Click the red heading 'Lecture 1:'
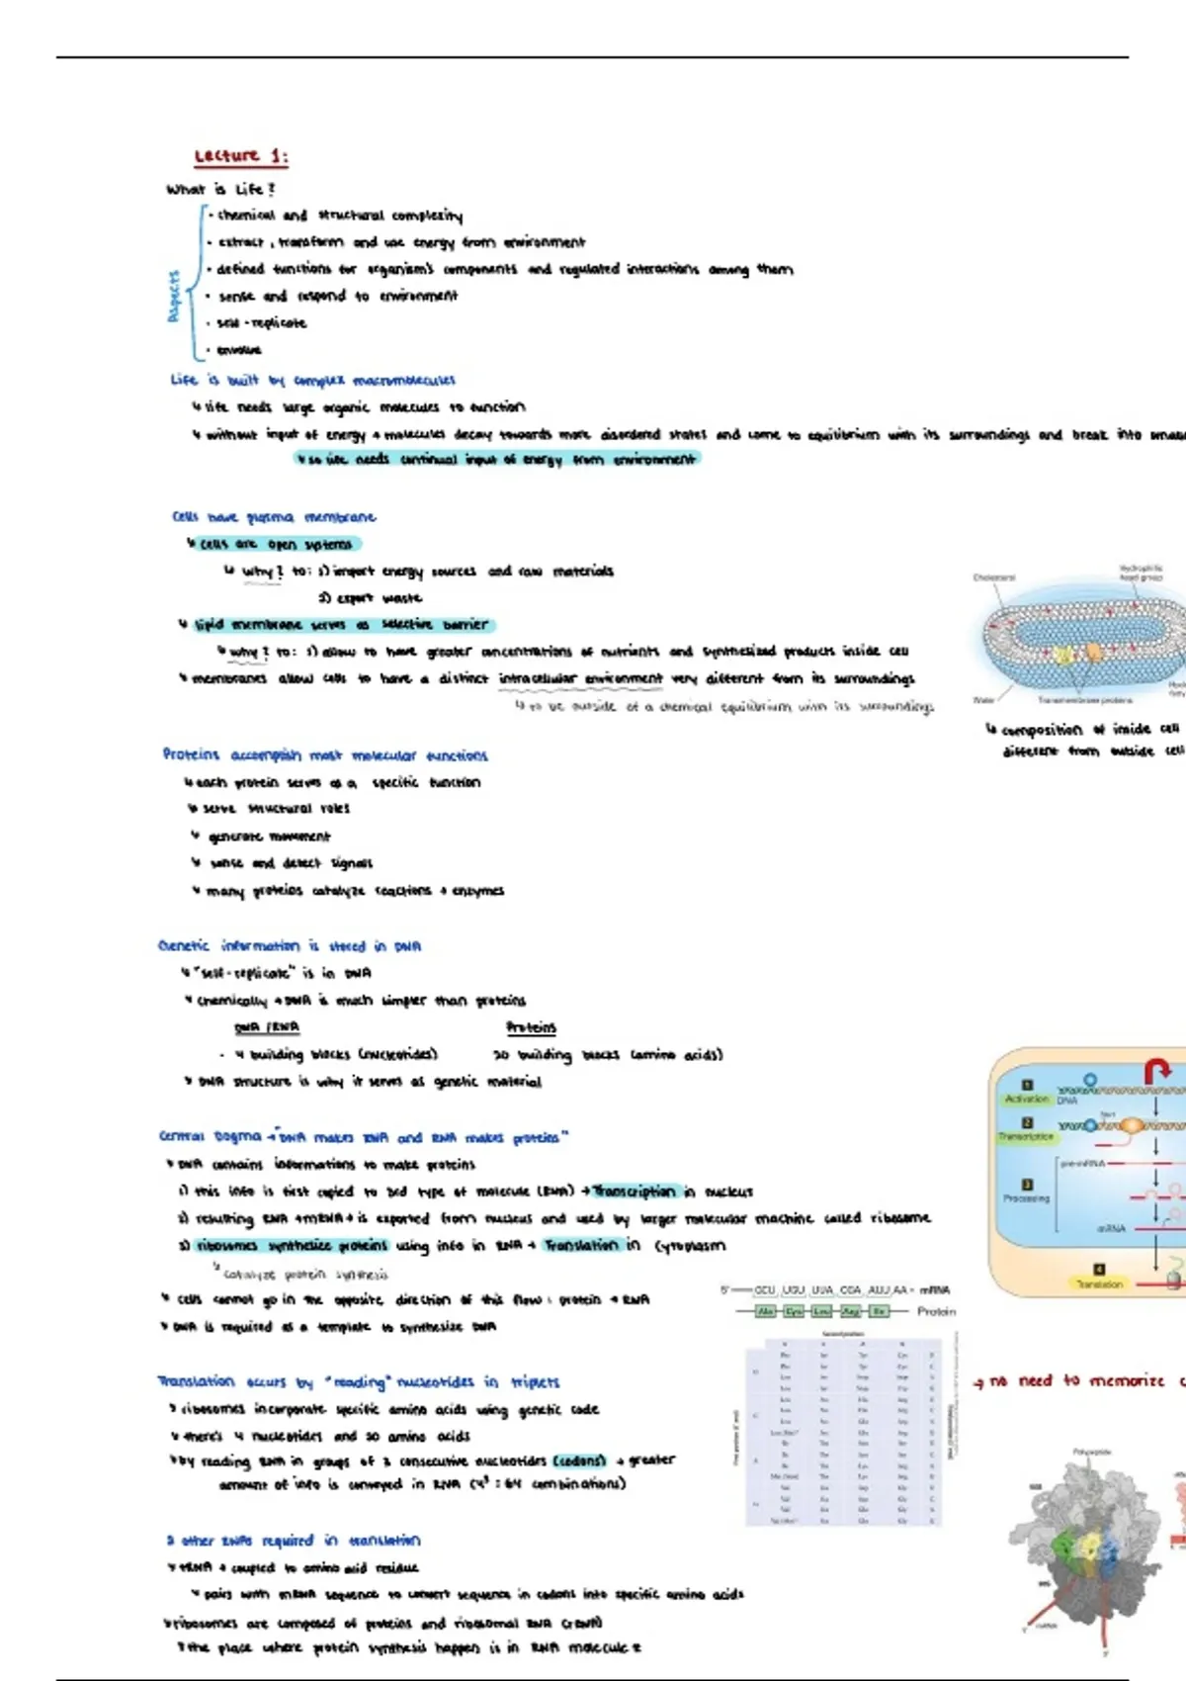(x=241, y=156)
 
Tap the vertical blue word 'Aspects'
(x=174, y=296)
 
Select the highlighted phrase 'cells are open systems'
(x=276, y=544)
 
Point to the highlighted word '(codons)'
(x=578, y=1460)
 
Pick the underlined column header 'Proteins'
(x=531, y=1027)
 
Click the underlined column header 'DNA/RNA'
(x=267, y=1027)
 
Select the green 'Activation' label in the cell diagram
(x=1026, y=1099)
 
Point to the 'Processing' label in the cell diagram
(x=1026, y=1198)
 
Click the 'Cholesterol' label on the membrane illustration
(x=993, y=577)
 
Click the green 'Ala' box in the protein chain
(x=765, y=1311)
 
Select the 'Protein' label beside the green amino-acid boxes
(x=936, y=1311)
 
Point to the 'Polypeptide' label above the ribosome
(x=1091, y=1453)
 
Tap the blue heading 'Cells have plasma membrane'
(x=274, y=517)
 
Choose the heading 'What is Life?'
(x=220, y=189)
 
